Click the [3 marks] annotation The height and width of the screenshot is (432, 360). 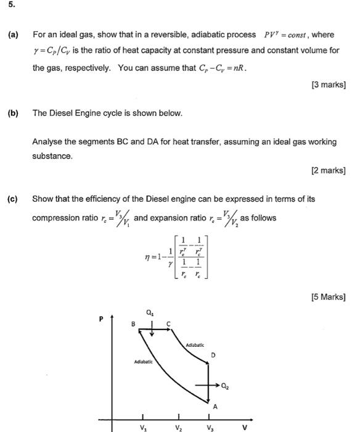tap(328, 85)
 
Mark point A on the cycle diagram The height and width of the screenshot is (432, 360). tap(215, 406)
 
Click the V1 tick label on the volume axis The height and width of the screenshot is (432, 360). tap(143, 426)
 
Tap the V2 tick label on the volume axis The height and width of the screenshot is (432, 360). tap(178, 426)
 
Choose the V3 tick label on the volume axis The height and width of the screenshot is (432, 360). tap(211, 426)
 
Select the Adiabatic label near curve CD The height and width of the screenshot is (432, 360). tap(194, 346)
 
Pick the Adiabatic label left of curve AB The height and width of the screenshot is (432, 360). tap(144, 362)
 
